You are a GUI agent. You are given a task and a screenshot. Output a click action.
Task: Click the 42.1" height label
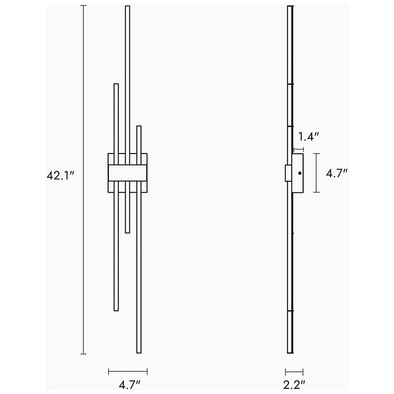point(61,175)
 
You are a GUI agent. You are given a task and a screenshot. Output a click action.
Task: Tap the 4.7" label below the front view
point(129,385)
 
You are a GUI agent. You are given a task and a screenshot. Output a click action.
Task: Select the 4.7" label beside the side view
point(336,173)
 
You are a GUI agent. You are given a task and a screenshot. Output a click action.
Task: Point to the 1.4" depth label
point(308,136)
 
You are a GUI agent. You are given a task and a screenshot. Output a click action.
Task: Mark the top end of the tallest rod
point(127,7)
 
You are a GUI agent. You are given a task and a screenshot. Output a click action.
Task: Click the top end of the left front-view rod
point(116,85)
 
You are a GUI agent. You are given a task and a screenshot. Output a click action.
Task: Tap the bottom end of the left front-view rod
point(116,310)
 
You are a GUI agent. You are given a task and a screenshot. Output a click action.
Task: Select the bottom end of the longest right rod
point(139,352)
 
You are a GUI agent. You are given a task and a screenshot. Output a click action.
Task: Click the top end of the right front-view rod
point(139,127)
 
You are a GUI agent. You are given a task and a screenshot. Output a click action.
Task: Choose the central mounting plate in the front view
point(127,172)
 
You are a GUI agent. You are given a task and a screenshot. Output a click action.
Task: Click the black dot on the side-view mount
point(300,173)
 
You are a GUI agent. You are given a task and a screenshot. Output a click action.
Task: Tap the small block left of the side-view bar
point(288,173)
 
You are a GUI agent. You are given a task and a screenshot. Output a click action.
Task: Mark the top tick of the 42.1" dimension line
point(83,6)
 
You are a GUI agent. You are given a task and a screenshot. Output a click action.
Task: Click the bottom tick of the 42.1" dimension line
point(83,354)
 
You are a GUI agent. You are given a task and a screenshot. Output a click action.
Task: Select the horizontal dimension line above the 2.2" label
point(294,371)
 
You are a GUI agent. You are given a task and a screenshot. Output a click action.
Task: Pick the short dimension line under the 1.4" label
point(299,149)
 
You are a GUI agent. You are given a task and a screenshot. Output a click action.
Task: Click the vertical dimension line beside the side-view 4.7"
point(317,173)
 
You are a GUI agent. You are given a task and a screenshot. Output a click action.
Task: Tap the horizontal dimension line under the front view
point(128,372)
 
